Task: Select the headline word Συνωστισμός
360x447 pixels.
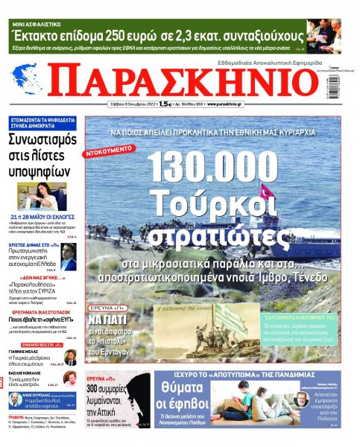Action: click(x=43, y=142)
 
